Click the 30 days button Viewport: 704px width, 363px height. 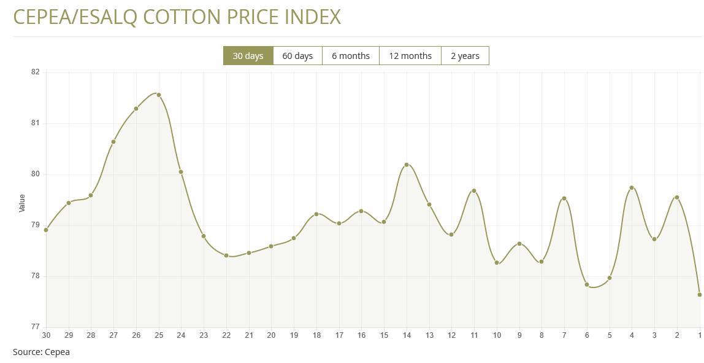pos(248,56)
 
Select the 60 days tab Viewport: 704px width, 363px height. pos(297,56)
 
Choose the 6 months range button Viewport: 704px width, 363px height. pos(351,56)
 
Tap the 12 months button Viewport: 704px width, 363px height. pos(410,56)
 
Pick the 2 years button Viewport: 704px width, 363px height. pos(465,56)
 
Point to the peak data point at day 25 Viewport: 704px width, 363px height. pos(159,95)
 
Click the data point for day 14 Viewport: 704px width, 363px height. pos(407,165)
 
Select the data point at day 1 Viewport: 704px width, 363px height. pos(700,295)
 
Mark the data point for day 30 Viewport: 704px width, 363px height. pos(46,230)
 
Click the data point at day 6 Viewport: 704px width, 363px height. pos(587,285)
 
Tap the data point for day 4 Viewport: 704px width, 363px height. pos(632,188)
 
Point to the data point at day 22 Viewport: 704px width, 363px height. pos(226,256)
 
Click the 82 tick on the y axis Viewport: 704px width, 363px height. pos(35,72)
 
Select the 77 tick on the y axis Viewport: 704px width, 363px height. pos(35,327)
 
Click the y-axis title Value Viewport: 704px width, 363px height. pos(22,203)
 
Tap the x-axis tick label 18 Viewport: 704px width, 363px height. pos(316,335)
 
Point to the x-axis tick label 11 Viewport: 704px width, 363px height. pos(474,335)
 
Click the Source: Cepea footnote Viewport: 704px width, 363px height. pos(41,352)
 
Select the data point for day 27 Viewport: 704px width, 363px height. pos(113,142)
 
